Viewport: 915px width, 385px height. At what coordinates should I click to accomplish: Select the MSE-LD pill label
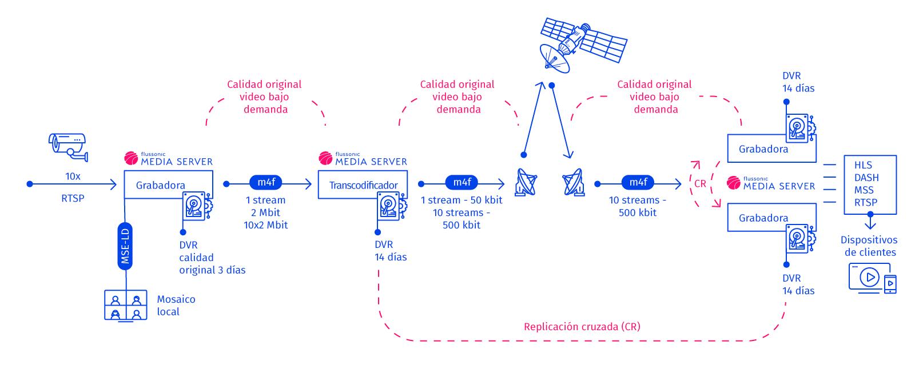tap(125, 246)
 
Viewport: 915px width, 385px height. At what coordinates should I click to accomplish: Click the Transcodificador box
tap(363, 185)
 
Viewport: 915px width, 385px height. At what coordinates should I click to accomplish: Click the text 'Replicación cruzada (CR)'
tap(582, 327)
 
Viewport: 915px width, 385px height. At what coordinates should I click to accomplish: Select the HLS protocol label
tap(863, 165)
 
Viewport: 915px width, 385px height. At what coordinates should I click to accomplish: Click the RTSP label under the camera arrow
tap(73, 199)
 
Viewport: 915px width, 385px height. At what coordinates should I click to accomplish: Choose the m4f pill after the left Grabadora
tap(266, 182)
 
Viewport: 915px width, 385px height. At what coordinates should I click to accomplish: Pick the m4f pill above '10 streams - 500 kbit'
tap(638, 182)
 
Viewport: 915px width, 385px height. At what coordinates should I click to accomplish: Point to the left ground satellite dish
tap(527, 182)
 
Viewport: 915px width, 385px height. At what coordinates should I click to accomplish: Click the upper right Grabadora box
tap(763, 149)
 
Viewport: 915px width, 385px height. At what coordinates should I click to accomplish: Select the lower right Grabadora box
tap(763, 218)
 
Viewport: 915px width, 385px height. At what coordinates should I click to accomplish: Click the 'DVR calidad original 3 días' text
tap(212, 258)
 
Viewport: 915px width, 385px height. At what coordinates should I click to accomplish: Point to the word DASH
tap(866, 178)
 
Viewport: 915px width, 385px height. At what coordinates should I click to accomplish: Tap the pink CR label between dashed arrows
tap(700, 184)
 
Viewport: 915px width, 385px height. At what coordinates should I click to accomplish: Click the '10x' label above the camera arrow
tap(73, 176)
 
